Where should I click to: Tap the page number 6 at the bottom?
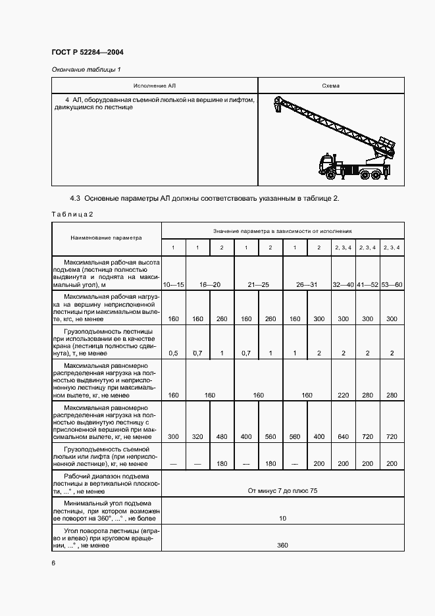(x=53, y=563)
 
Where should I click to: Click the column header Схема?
(x=330, y=86)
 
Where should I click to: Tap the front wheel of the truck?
(x=330, y=175)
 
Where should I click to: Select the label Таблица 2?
(x=73, y=214)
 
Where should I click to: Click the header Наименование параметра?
(x=107, y=238)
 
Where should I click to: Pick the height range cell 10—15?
(x=174, y=284)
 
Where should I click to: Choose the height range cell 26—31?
(x=307, y=284)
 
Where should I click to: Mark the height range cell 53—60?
(x=392, y=284)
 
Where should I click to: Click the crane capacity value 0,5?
(x=174, y=353)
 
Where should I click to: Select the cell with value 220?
(x=343, y=396)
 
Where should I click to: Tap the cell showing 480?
(x=222, y=437)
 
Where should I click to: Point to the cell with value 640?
(x=343, y=437)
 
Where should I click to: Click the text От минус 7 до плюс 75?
(x=282, y=491)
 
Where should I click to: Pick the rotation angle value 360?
(x=282, y=545)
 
